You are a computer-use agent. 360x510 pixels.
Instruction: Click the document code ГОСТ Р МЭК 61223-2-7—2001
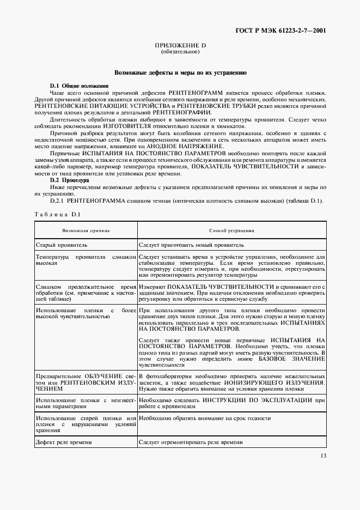(x=288, y=31)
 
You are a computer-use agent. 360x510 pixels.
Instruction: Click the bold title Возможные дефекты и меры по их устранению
(x=180, y=72)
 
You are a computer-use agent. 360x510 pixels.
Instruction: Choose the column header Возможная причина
(x=86, y=230)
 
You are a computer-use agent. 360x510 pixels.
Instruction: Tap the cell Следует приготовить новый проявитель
(x=195, y=246)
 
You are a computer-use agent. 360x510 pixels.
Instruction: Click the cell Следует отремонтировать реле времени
(x=191, y=442)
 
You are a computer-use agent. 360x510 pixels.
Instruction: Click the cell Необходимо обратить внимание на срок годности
(x=204, y=418)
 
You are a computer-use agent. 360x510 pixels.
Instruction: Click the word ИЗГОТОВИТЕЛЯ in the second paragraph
(x=128, y=126)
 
